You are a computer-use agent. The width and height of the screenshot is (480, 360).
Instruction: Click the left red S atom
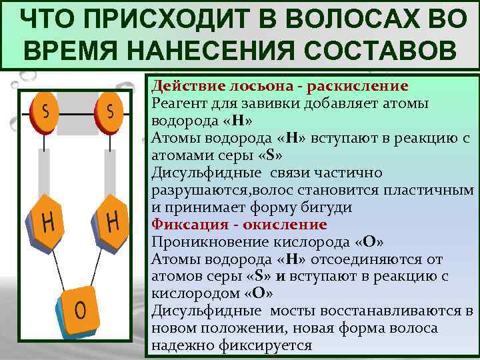pos(45,111)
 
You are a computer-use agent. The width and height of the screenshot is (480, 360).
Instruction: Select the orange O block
pos(79,311)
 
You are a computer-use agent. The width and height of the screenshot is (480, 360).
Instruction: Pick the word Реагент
pos(178,104)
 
